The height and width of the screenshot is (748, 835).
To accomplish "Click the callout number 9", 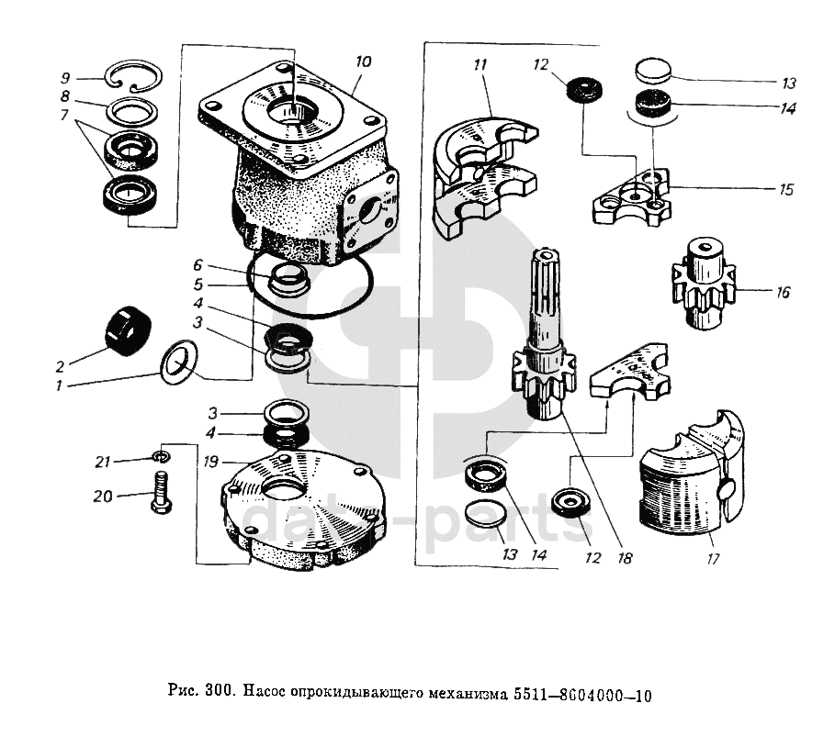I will tap(65, 77).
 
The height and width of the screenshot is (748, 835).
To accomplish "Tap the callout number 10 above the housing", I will tap(363, 62).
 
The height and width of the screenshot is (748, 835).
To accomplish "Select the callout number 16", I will tap(783, 294).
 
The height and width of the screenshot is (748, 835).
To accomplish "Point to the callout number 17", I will tap(714, 556).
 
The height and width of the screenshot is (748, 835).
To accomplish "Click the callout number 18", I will tap(626, 556).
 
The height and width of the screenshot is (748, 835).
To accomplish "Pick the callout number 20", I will tap(103, 497).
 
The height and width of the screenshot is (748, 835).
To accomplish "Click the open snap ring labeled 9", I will tap(134, 81).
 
